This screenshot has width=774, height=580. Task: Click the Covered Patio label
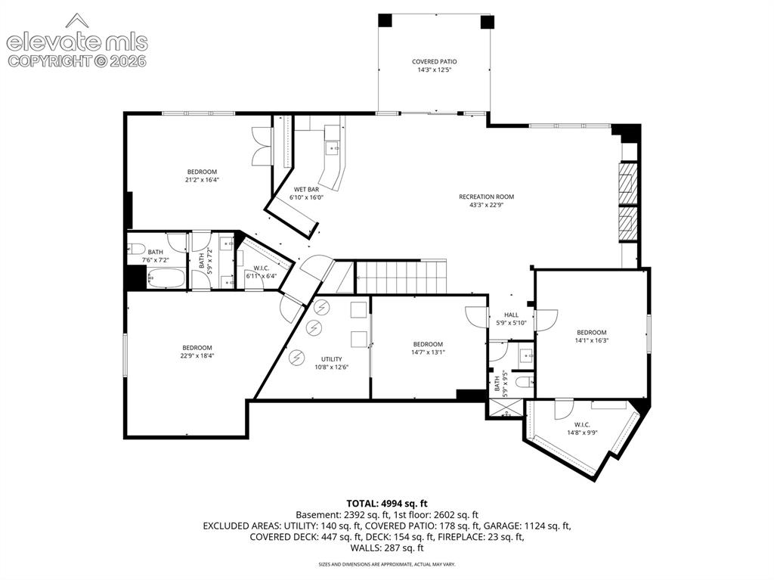pyautogui.click(x=435, y=62)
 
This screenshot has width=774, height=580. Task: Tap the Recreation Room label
pyautogui.click(x=486, y=197)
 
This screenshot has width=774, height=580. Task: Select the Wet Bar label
pyautogui.click(x=307, y=189)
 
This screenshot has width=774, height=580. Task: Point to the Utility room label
pyautogui.click(x=332, y=359)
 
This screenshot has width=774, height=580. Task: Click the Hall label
pyautogui.click(x=512, y=315)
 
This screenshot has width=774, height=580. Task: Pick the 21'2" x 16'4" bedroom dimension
pyautogui.click(x=202, y=180)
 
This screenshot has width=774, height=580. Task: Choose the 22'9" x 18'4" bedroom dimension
pyautogui.click(x=197, y=355)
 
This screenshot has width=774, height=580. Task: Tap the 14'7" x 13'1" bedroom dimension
pyautogui.click(x=428, y=352)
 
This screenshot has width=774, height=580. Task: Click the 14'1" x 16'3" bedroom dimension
pyautogui.click(x=591, y=340)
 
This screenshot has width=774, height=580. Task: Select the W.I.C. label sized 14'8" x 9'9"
pyautogui.click(x=582, y=425)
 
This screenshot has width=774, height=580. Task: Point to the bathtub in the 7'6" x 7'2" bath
pyautogui.click(x=166, y=278)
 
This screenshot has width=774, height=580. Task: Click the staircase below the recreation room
pyautogui.click(x=401, y=278)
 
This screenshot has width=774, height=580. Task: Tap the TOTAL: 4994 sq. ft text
pyautogui.click(x=386, y=504)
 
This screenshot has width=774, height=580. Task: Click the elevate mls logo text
pyautogui.click(x=77, y=42)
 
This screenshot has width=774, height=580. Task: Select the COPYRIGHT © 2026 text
pyautogui.click(x=77, y=60)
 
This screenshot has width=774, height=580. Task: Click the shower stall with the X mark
pyautogui.click(x=504, y=408)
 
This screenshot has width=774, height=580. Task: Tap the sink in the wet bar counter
pyautogui.click(x=333, y=147)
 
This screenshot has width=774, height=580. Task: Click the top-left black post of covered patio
pyautogui.click(x=385, y=20)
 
